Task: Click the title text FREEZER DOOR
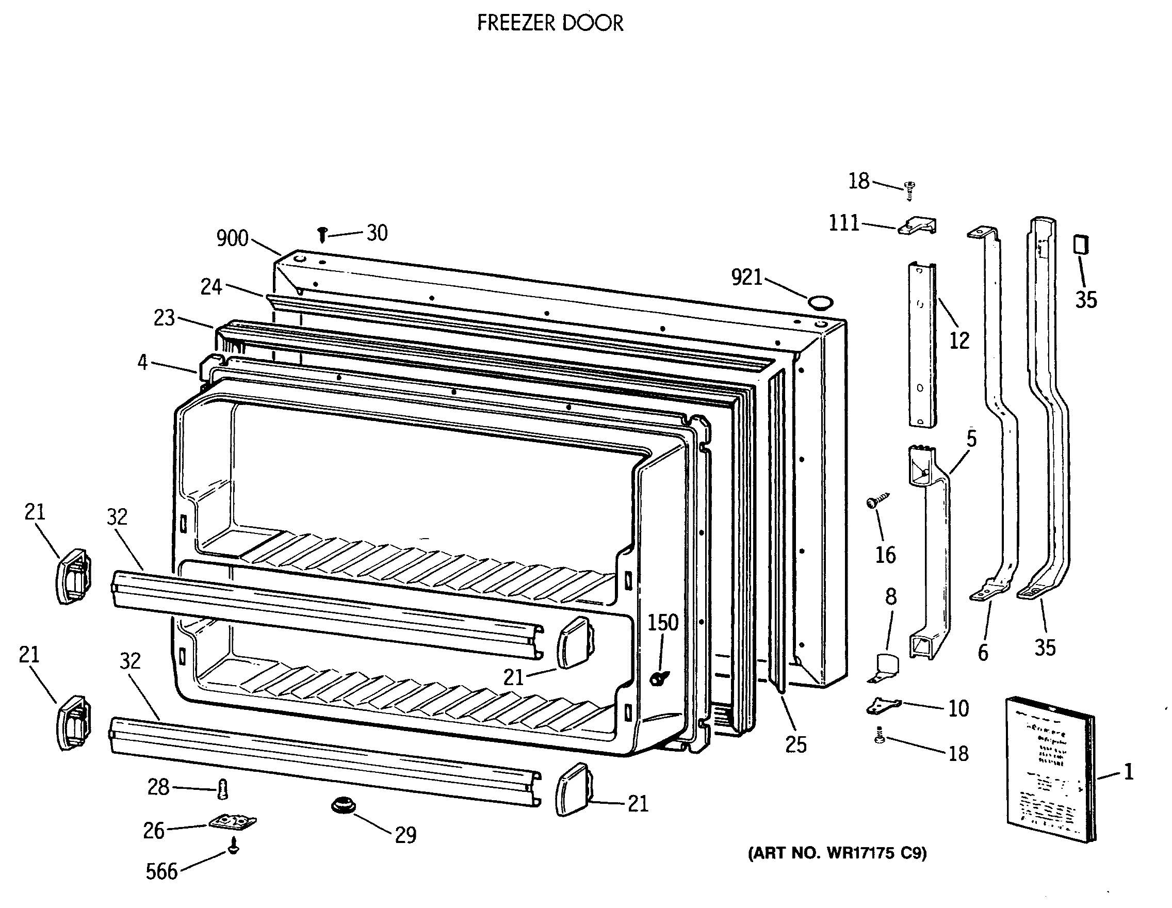tap(550, 24)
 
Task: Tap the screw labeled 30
tap(322, 235)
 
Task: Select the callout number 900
tap(232, 238)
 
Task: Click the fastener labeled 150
tap(658, 678)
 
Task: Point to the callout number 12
tap(959, 340)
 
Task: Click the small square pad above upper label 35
tap(1081, 244)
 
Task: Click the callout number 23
tap(164, 318)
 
